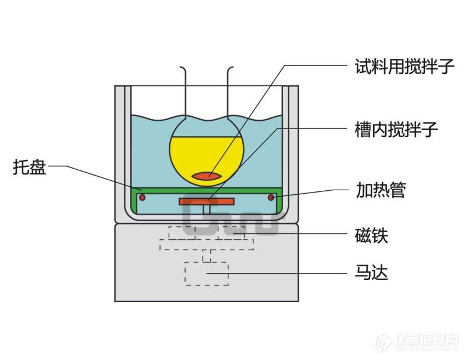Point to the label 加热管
[380, 190]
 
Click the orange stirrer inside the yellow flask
[207, 174]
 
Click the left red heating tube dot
[142, 198]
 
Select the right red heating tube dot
[271, 198]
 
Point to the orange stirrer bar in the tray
[207, 201]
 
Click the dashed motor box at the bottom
[207, 273]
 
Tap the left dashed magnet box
[182, 232]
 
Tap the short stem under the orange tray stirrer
[207, 209]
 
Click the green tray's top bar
[207, 190]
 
